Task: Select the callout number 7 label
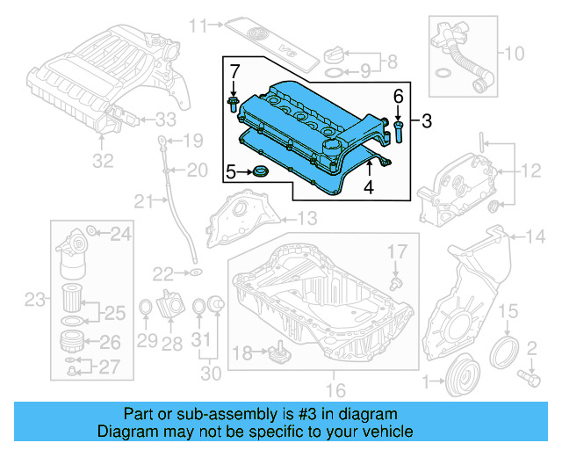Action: click(234, 70)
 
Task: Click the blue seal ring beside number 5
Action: click(261, 171)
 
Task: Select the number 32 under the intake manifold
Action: click(104, 161)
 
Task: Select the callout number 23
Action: click(33, 301)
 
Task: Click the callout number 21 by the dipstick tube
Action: click(143, 202)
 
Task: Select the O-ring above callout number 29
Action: click(146, 308)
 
